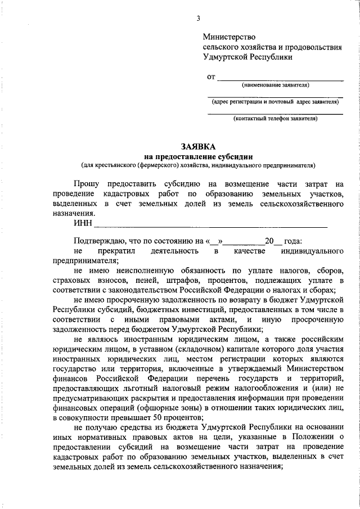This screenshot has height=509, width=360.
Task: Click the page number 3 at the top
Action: coord(198,19)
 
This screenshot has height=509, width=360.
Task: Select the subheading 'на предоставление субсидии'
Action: coord(197,156)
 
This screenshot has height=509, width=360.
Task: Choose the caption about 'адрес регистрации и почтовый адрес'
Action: coord(275,102)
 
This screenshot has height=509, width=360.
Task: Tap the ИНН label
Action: coord(82,224)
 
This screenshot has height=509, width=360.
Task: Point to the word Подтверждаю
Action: coord(99,241)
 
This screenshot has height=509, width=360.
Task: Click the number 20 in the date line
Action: coord(269,241)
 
